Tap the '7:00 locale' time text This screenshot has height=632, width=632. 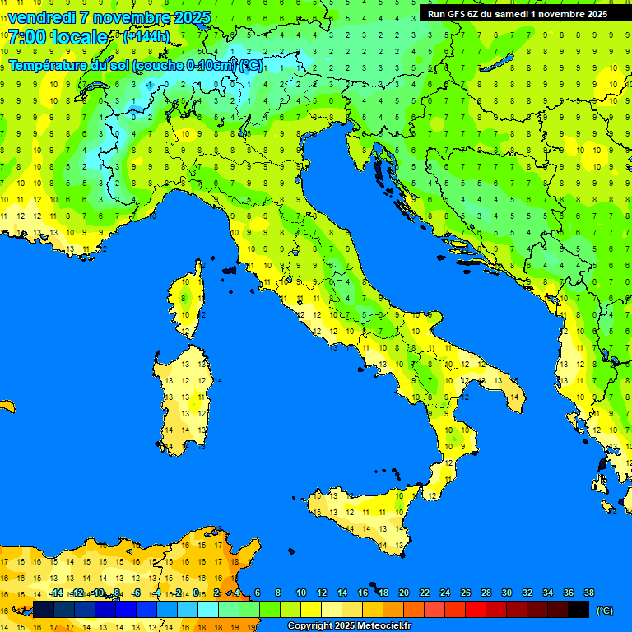pos(58,37)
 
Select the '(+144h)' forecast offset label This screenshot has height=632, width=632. pos(146,37)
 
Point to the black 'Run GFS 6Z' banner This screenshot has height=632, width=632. pos(518,13)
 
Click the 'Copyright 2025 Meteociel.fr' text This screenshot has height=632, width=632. pos(349,626)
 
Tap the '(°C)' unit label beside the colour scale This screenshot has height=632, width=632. pos(604,611)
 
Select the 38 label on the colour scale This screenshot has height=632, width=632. pos(588,592)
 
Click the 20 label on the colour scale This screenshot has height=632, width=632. pos(403,592)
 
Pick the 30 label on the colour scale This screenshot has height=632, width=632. pos(506,592)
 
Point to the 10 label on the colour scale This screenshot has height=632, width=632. pos(300,592)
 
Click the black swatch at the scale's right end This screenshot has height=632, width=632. pos(579,610)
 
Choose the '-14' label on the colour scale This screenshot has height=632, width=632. pos(56,592)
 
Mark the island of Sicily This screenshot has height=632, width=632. pos(362,514)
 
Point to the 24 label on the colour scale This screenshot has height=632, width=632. pos(444,592)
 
